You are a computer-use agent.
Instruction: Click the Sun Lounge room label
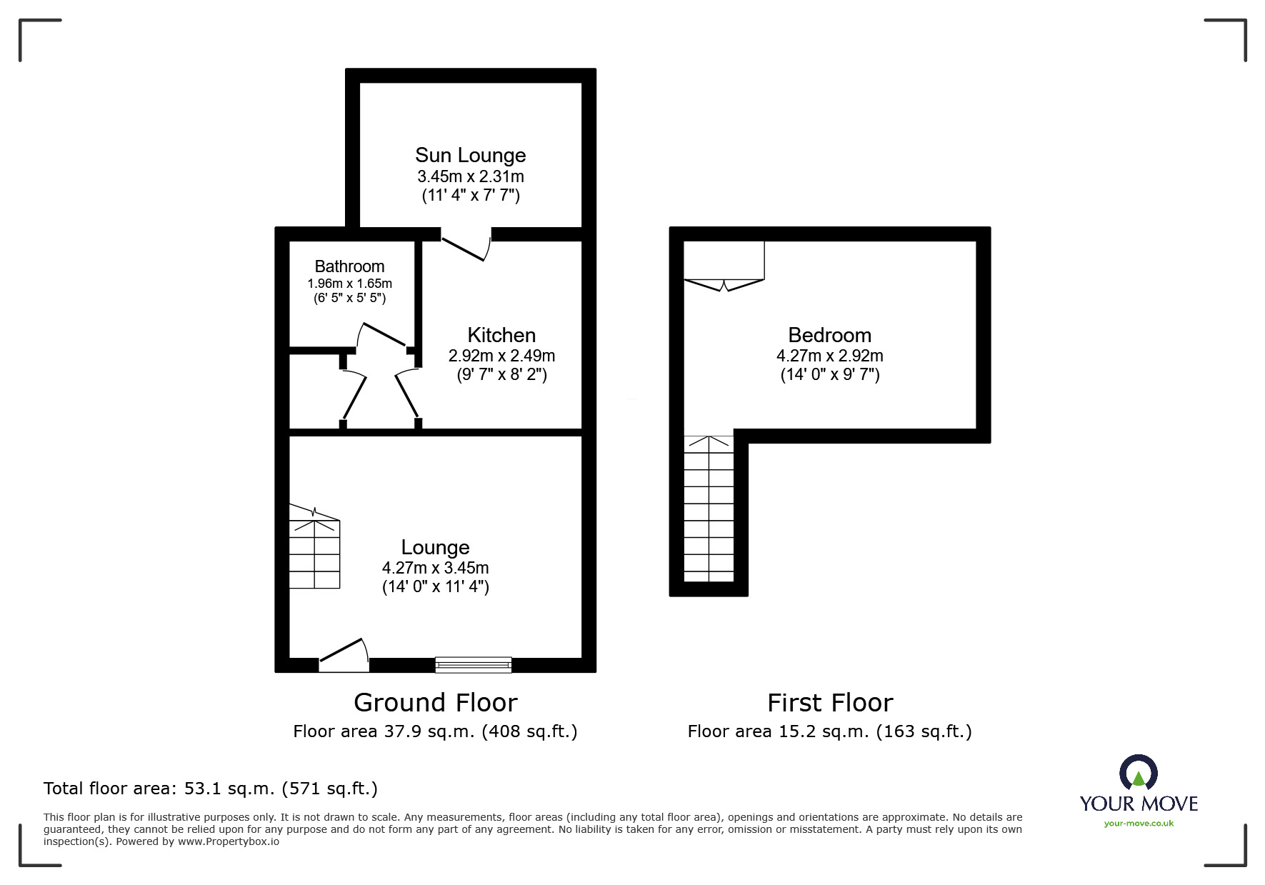(471, 155)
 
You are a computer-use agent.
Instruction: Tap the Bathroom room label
(349, 266)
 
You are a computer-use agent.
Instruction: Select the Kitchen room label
(501, 335)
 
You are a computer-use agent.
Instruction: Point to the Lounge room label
(435, 547)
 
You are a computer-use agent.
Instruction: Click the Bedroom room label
(829, 335)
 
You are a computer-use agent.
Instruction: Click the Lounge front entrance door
(344, 656)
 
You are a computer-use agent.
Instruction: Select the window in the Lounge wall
(474, 665)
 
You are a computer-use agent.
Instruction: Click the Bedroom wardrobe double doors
(724, 285)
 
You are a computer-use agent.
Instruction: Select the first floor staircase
(709, 508)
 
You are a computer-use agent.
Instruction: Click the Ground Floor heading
(435, 703)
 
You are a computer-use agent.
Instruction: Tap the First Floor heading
(830, 703)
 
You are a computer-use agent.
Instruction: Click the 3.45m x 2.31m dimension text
(471, 176)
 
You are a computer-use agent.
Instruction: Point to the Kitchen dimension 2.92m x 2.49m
(501, 356)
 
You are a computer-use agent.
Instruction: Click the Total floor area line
(211, 789)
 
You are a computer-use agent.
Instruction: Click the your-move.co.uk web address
(1139, 824)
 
